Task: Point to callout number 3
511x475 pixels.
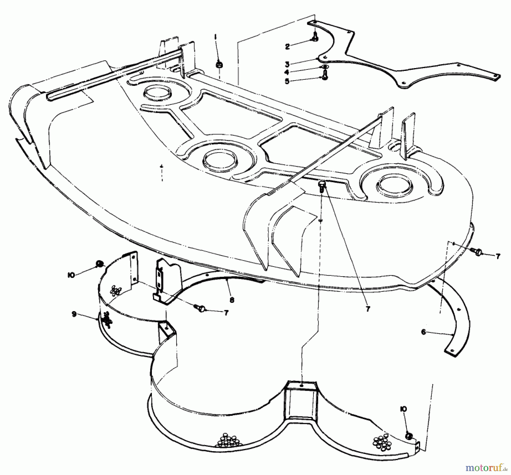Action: point(287,64)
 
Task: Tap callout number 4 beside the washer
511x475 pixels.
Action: point(287,73)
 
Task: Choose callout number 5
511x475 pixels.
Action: point(287,81)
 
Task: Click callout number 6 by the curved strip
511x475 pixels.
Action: point(424,332)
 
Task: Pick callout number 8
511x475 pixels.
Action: point(232,300)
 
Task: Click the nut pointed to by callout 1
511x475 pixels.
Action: point(219,65)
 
